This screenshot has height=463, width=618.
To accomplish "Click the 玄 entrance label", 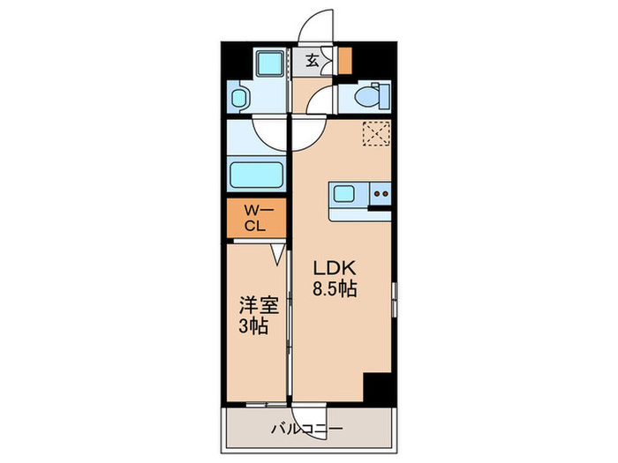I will pos(313,61).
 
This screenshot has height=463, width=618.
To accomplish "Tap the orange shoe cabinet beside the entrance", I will pos(345,60).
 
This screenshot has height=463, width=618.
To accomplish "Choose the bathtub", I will pos(256,174).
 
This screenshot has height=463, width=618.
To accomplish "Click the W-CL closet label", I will pos(254,217).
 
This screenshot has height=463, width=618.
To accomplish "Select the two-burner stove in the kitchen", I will pos(381,193).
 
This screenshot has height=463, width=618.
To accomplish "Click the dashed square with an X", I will pos(377,133).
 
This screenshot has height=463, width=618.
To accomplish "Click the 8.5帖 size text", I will pos(335,289).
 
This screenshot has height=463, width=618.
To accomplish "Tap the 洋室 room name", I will pos(259,306).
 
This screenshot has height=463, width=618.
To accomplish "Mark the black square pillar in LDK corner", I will pos(378,386).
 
